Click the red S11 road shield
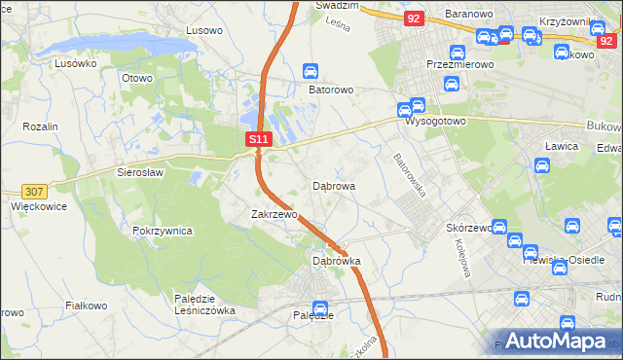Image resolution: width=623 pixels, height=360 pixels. [258, 140]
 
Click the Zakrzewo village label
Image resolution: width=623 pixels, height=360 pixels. [274, 214]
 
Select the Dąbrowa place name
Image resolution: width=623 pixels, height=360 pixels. [333, 185]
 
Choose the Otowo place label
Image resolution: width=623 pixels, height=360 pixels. [137, 78]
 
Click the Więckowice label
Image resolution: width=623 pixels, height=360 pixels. [37, 206]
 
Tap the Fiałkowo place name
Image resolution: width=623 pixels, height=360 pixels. [86, 306]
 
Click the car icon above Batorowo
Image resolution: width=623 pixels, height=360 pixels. [311, 71]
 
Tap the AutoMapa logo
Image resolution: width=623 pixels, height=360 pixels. [556, 341]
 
